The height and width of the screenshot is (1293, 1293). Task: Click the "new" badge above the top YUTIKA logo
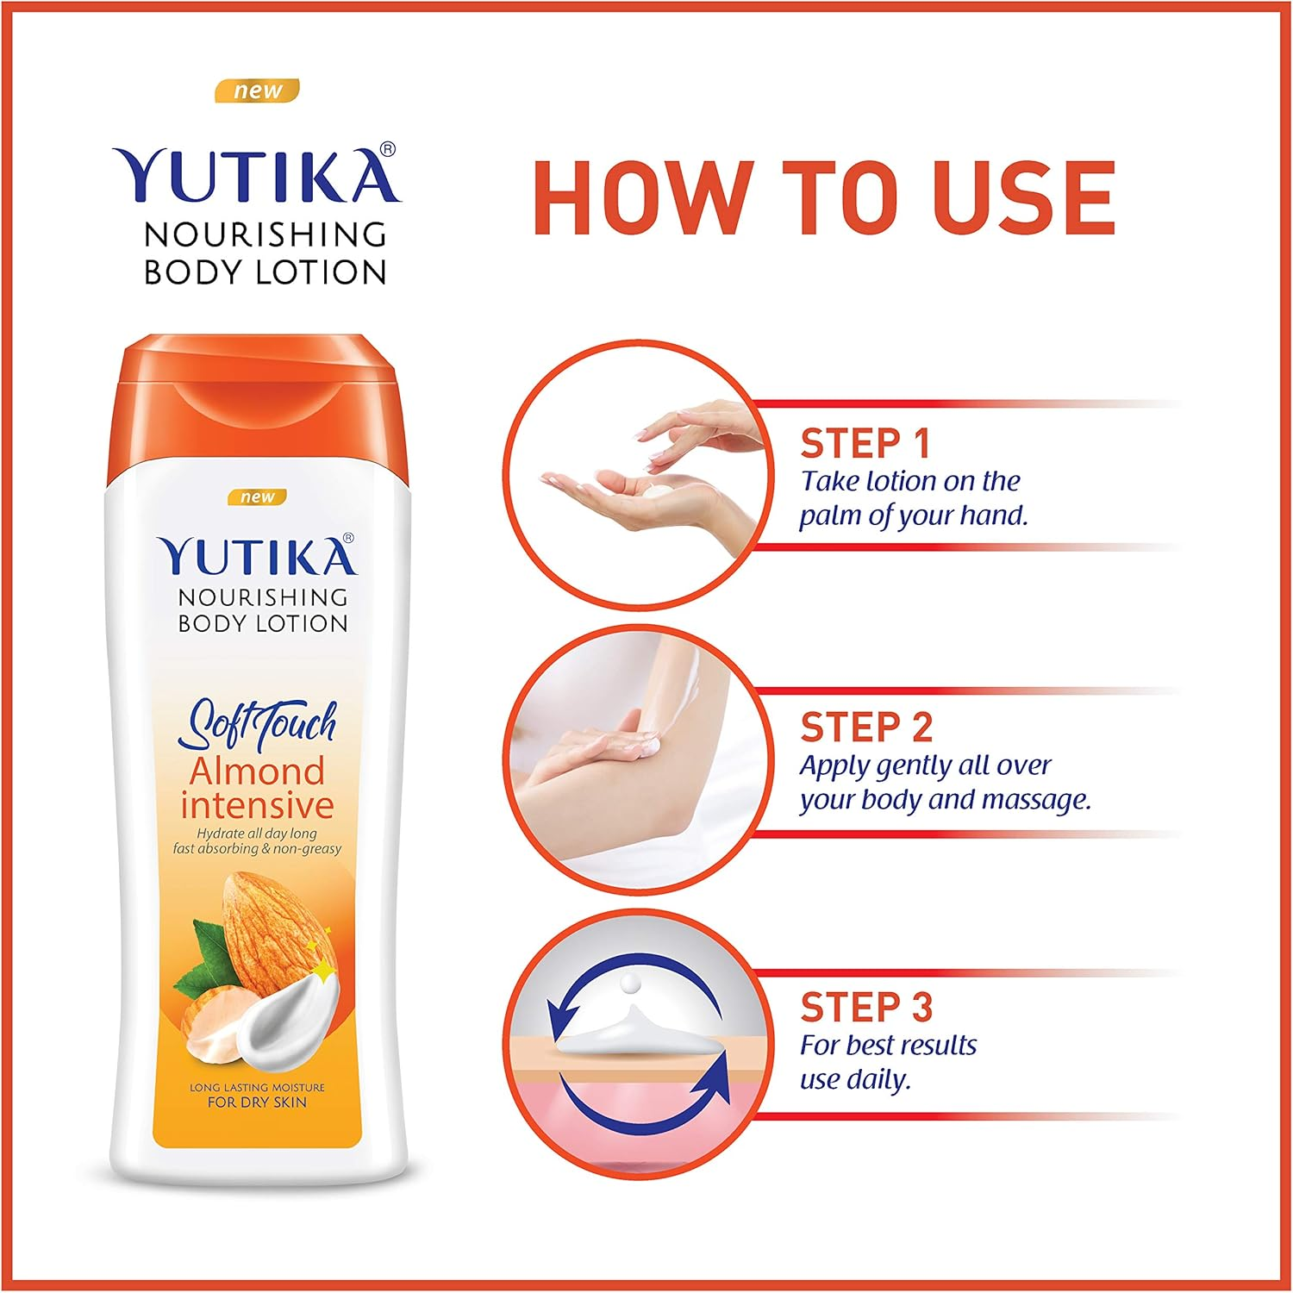pyautogui.click(x=257, y=91)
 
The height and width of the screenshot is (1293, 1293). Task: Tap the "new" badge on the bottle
pyautogui.click(x=257, y=497)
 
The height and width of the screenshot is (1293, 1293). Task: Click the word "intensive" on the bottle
pyautogui.click(x=257, y=805)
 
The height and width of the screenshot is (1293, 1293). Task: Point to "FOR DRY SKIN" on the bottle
pyautogui.click(x=257, y=1102)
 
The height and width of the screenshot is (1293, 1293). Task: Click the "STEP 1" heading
pyautogui.click(x=865, y=444)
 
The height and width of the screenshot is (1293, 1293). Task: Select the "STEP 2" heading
pyautogui.click(x=866, y=728)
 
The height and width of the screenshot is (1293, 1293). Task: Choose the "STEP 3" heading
pyautogui.click(x=866, y=1007)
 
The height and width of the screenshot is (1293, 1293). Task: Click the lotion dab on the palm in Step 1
pyautogui.click(x=660, y=490)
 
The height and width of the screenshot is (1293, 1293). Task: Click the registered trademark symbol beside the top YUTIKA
pyautogui.click(x=388, y=149)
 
